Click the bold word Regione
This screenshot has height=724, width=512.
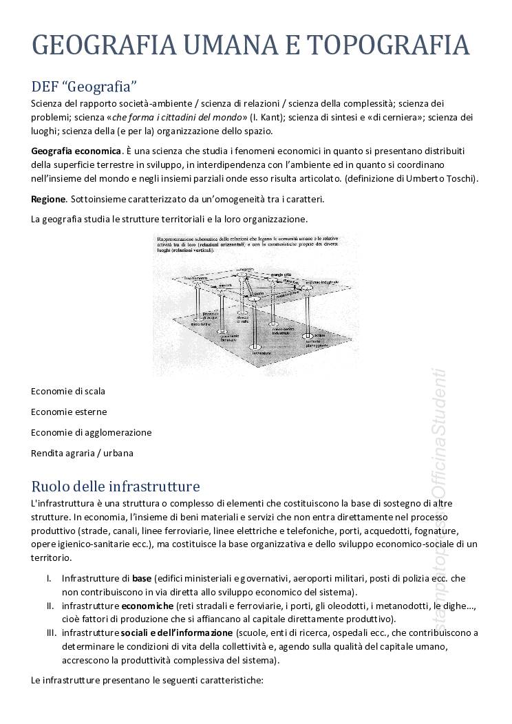click(48, 199)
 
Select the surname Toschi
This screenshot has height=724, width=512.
click(461, 178)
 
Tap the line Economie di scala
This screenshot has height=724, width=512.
click(68, 391)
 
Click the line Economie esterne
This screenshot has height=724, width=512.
click(69, 412)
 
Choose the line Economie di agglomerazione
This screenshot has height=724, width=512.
click(91, 432)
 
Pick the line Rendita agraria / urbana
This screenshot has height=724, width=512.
click(82, 453)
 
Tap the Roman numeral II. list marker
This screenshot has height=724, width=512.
click(50, 606)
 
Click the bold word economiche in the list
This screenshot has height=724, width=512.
click(147, 606)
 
